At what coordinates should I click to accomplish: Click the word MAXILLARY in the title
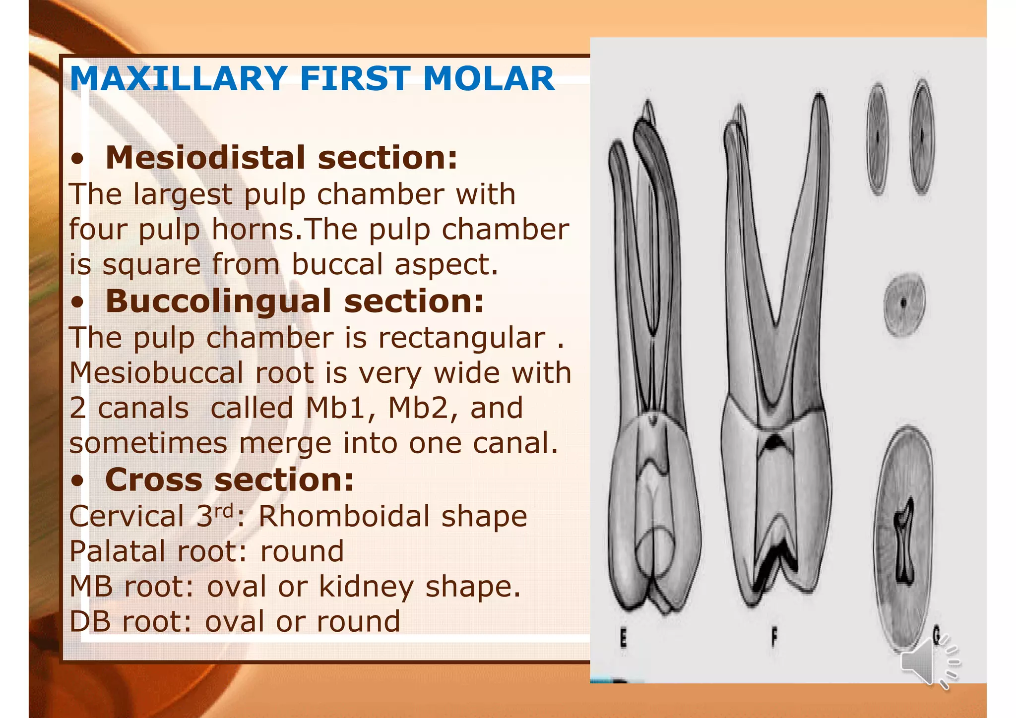point(179,79)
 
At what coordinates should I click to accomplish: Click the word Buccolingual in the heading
point(218,301)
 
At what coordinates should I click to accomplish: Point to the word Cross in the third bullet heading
point(154,480)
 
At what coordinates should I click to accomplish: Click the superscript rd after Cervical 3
point(224,510)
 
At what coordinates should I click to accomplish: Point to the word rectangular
point(461,338)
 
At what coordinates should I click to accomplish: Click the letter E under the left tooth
point(624,638)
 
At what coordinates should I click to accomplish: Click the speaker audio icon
point(928,662)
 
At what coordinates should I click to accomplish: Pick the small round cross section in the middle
point(904,303)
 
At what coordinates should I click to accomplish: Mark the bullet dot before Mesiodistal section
point(77,160)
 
